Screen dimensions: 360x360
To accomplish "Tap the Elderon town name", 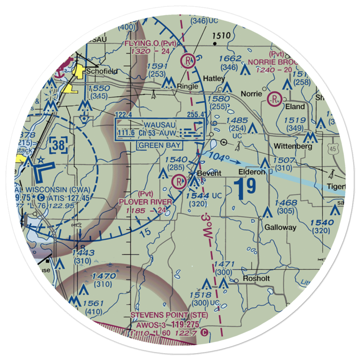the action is click(x=251, y=172).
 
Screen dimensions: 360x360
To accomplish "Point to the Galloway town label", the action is click(x=280, y=227).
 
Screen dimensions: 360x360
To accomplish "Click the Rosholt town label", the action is click(x=256, y=279).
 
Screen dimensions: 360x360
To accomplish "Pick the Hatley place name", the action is click(x=214, y=78).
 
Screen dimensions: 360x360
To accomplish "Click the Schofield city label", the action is click(x=102, y=71).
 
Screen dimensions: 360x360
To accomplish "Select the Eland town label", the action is click(x=294, y=107).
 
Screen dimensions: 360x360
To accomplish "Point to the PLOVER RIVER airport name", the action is click(x=145, y=202).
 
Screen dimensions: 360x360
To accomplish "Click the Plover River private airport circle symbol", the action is click(x=179, y=182).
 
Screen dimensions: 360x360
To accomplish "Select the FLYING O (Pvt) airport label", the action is click(x=150, y=44).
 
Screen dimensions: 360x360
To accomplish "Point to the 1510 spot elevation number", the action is click(x=221, y=36).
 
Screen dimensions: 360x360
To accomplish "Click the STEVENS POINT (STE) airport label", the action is click(x=169, y=315).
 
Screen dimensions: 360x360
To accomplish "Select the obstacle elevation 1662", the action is click(x=230, y=59).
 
